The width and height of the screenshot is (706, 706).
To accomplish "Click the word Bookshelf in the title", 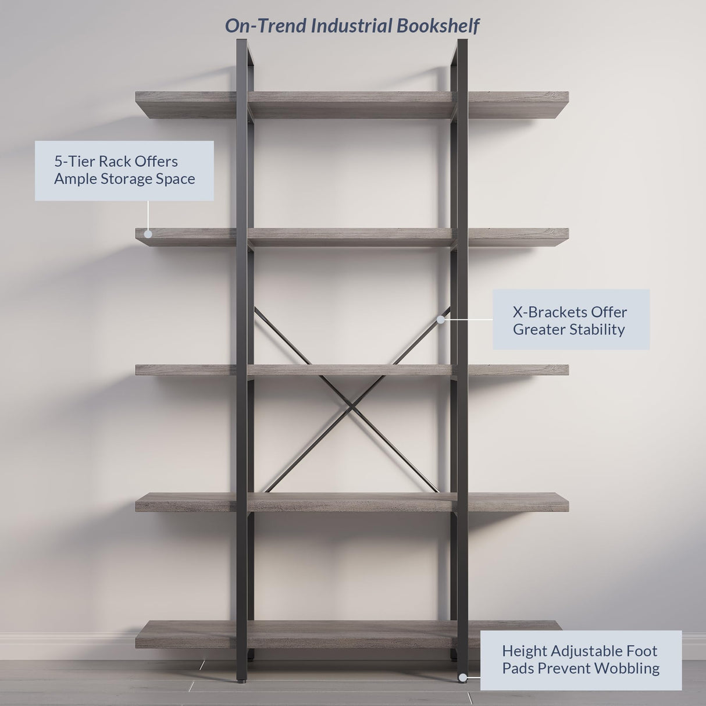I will coord(438,26).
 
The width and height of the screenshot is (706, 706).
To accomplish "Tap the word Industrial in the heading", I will coord(351,26).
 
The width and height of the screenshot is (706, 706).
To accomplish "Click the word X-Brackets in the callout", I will coord(548,312).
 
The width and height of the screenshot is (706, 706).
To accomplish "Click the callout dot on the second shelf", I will coord(148,234).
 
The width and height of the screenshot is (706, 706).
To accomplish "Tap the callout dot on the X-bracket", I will coord(440,319).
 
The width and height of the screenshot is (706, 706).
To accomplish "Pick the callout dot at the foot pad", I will coord(462,678).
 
